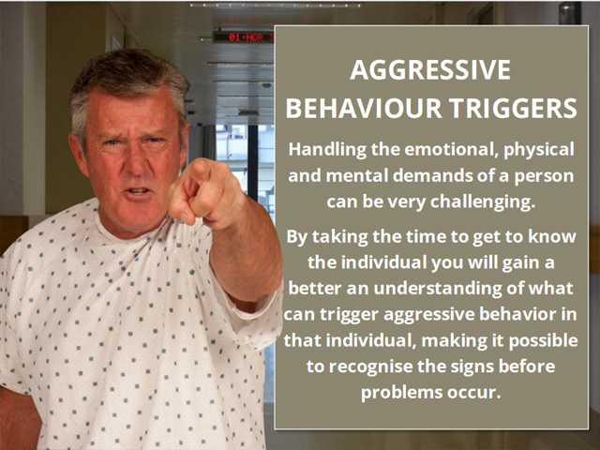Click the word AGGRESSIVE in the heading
(x=430, y=69)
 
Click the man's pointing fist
(x=203, y=194)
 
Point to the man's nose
(x=134, y=162)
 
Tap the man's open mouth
(x=138, y=191)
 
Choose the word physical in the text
(x=539, y=150)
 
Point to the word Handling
(x=327, y=150)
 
